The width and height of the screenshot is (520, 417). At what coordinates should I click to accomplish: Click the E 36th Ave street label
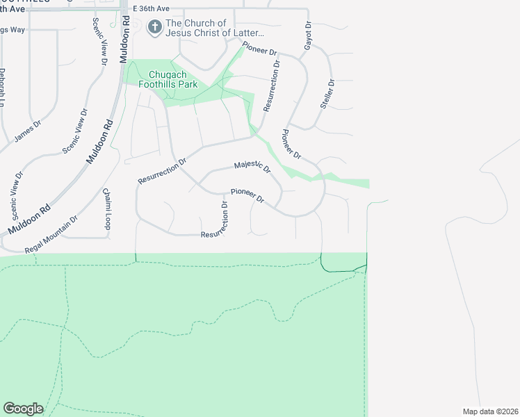tap(151, 9)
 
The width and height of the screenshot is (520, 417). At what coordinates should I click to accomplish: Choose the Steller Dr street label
tap(326, 92)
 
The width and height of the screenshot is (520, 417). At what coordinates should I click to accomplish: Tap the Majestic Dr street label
tap(252, 166)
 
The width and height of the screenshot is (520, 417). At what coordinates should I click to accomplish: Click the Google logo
tap(23, 409)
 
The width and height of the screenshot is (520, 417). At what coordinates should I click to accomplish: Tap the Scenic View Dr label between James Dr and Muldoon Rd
tap(75, 131)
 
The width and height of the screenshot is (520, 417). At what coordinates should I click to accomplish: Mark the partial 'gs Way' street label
tap(13, 30)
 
